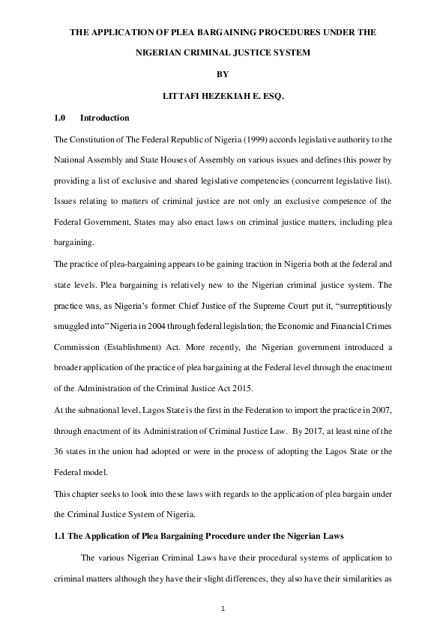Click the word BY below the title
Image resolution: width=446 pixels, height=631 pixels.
[x=223, y=75]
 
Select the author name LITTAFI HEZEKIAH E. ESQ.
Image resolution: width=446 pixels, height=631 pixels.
[x=223, y=97]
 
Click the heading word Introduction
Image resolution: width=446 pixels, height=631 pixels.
[x=105, y=118]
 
